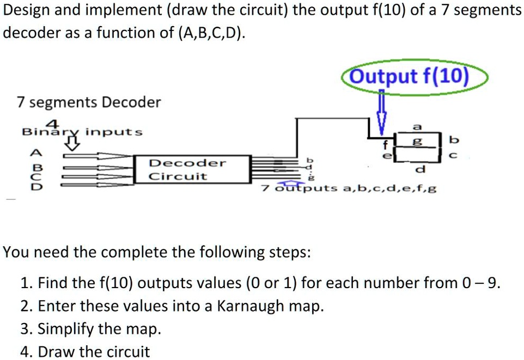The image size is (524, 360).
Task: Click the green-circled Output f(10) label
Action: click(x=409, y=77)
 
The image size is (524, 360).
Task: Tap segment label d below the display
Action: click(x=418, y=170)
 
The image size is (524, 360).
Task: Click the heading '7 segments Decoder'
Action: click(x=89, y=102)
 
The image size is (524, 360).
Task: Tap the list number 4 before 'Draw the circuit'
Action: click(x=25, y=352)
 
